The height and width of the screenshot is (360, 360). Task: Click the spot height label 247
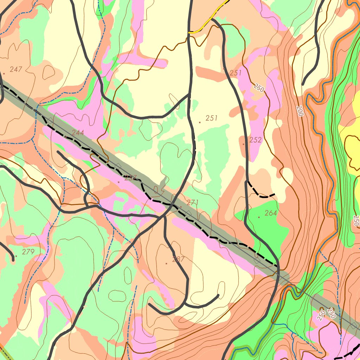pyautogui.click(x=16, y=70)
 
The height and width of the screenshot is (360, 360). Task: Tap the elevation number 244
pyautogui.click(x=78, y=133)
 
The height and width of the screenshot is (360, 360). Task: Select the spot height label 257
pyautogui.click(x=130, y=178)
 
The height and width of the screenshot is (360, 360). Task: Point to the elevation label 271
pyautogui.click(x=193, y=202)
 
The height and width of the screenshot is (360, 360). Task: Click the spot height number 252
pyautogui.click(x=256, y=140)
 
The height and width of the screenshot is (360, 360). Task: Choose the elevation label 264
pyautogui.click(x=271, y=213)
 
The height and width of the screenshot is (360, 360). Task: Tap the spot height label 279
pyautogui.click(x=28, y=252)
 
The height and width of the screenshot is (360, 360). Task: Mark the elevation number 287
pyautogui.click(x=179, y=260)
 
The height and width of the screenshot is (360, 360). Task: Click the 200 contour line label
pyautogui.click(x=299, y=111)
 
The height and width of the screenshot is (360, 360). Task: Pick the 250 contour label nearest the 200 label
pyautogui.click(x=259, y=88)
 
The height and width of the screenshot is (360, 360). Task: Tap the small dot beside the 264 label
pyautogui.click(x=259, y=217)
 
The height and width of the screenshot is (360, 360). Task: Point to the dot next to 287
pyautogui.click(x=167, y=263)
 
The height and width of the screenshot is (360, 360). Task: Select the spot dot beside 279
pyautogui.click(x=16, y=256)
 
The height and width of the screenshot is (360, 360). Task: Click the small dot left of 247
pyautogui.click(x=4, y=73)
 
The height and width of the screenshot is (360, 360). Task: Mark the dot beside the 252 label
pyautogui.click(x=244, y=144)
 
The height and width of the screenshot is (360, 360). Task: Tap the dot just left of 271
pyautogui.click(x=181, y=206)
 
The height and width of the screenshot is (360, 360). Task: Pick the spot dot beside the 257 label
pyautogui.click(x=118, y=182)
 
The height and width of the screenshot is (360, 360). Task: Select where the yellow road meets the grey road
pyautogui.click(x=189, y=32)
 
